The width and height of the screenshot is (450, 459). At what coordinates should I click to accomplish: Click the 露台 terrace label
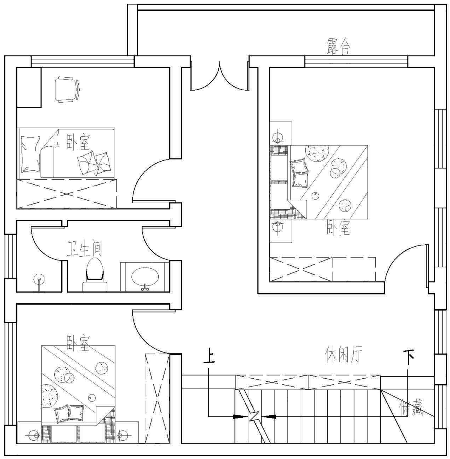coord(338,47)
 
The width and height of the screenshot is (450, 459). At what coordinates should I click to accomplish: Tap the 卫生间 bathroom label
coord(84,249)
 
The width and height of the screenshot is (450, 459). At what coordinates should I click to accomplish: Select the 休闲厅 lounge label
coord(344,354)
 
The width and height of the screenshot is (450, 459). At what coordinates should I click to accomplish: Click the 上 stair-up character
coord(209,356)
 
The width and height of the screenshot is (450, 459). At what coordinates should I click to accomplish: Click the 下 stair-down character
coord(409,357)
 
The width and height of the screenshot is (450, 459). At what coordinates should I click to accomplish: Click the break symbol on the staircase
coord(254,416)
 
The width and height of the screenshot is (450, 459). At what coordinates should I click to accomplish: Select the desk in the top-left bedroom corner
coord(29,87)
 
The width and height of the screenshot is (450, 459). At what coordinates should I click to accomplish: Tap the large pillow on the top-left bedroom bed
coord(30,154)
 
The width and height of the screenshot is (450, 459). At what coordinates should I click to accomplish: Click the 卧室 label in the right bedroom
coord(338,228)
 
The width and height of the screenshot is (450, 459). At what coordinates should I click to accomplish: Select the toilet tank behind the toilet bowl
coord(95,286)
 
